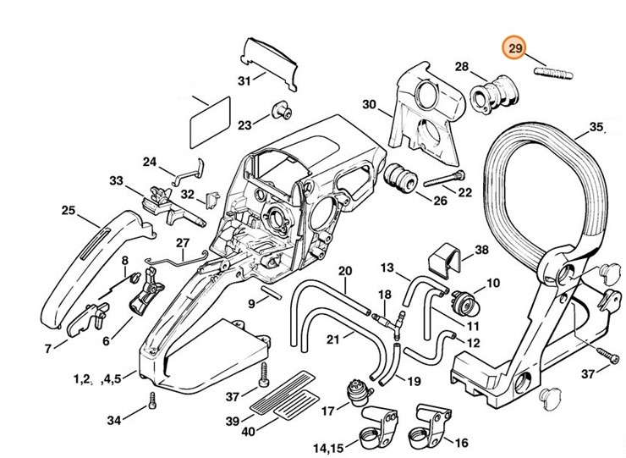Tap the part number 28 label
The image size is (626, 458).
click(462, 67)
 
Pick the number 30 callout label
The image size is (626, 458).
click(368, 105)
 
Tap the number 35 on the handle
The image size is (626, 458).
click(596, 127)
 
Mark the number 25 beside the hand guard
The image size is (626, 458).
click(69, 211)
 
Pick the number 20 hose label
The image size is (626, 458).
click(344, 271)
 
